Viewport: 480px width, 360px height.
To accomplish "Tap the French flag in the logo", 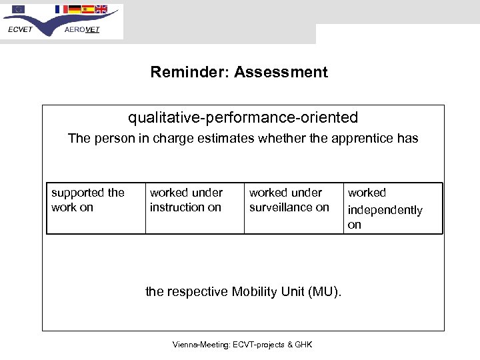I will [x=60, y=9].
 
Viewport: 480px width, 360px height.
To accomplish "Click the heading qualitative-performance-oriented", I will [x=243, y=118].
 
